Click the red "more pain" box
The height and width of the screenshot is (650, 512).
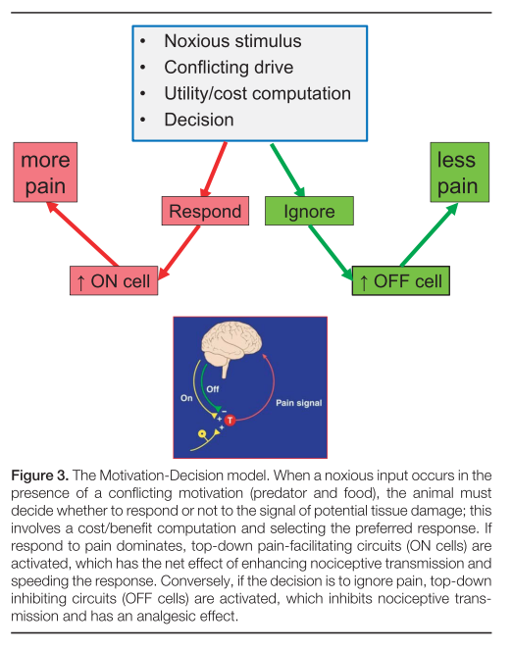click(x=45, y=172)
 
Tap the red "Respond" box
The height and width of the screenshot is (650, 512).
click(x=205, y=211)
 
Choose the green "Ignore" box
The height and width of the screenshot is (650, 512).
click(x=309, y=211)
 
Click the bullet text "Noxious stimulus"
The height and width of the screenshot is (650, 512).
click(x=232, y=41)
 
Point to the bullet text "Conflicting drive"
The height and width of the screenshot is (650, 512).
click(x=229, y=68)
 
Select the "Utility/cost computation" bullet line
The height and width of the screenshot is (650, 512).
click(x=257, y=94)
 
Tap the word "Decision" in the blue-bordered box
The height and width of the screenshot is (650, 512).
click(x=199, y=120)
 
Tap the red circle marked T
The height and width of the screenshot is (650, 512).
click(x=230, y=421)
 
